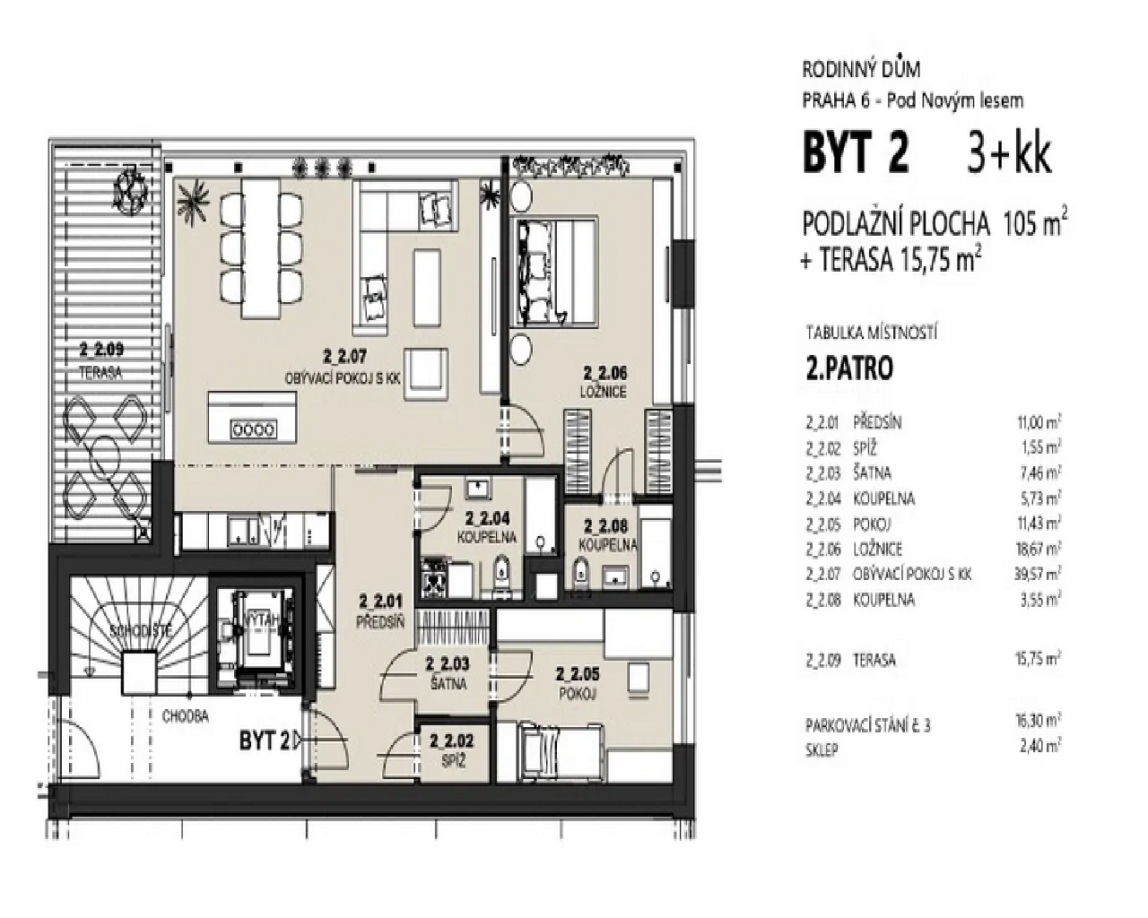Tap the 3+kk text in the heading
pos(1008,155)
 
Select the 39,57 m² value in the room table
pos(1034,574)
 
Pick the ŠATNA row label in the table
pos(873,472)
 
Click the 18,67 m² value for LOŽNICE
pos(1034,549)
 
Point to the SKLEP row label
pos(822,749)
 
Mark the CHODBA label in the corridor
pos(186,716)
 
